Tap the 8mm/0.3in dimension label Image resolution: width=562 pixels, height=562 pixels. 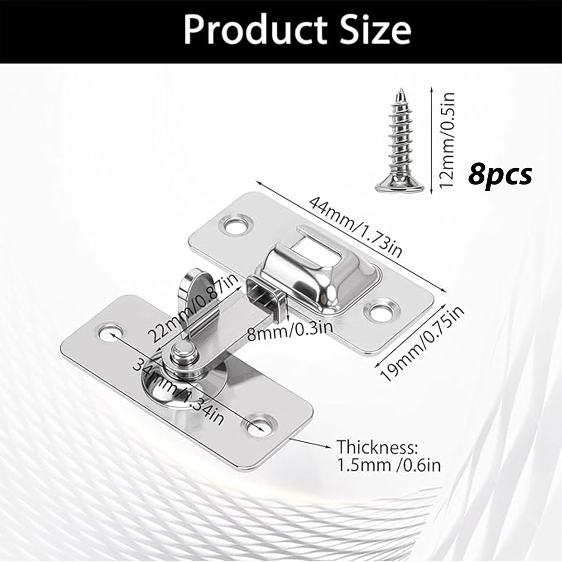click(x=290, y=329)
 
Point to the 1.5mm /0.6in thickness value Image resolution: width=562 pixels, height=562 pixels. click(x=389, y=465)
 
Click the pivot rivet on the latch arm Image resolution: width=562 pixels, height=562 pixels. click(x=182, y=352)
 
